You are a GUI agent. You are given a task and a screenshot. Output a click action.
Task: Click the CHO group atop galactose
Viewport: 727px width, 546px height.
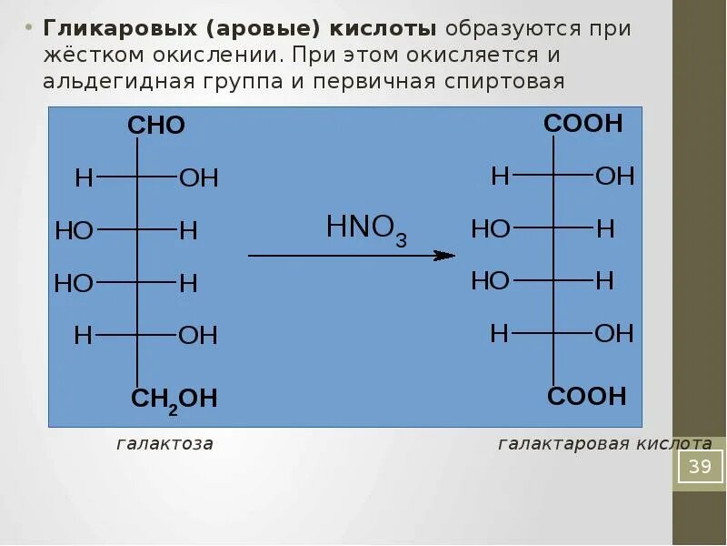(156, 126)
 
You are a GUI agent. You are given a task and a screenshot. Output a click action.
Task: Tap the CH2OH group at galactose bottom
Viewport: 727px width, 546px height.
(174, 399)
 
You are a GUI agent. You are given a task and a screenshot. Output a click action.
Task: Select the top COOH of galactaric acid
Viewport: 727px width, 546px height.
(583, 124)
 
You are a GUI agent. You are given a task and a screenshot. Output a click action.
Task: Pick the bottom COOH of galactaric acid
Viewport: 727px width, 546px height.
(586, 396)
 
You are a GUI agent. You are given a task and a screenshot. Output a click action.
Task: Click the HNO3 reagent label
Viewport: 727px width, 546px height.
(366, 228)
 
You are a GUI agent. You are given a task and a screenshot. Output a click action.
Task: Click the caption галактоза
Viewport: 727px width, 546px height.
(164, 444)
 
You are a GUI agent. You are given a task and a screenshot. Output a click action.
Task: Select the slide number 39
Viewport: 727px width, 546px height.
(700, 468)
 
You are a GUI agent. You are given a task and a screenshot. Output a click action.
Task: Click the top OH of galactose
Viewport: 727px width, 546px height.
(199, 177)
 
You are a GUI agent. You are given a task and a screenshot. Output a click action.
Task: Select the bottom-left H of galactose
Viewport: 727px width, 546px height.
(84, 336)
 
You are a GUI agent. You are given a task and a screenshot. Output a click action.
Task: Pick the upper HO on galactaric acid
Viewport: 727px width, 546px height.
(490, 228)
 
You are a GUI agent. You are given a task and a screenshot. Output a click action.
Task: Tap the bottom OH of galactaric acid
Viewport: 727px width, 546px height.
(614, 333)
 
